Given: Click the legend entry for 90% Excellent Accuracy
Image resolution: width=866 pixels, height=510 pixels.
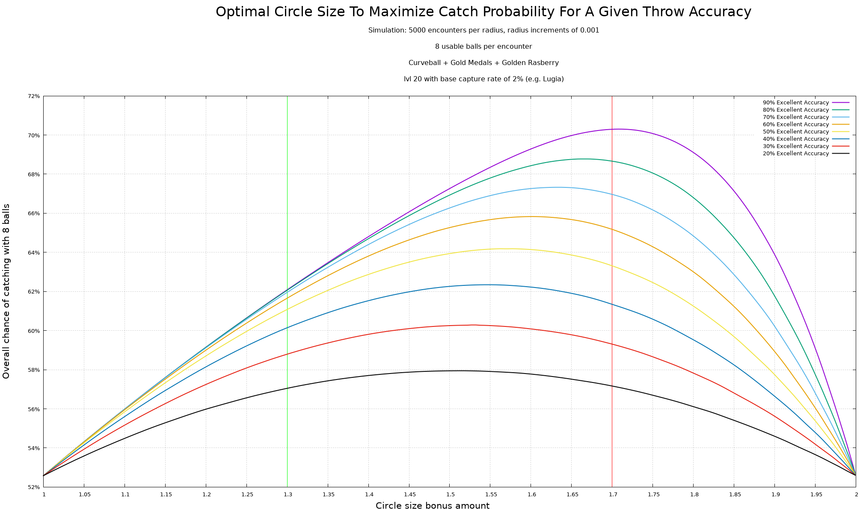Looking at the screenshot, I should coord(795,103).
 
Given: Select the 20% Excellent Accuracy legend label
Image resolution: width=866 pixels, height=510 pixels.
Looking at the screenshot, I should coord(795,154).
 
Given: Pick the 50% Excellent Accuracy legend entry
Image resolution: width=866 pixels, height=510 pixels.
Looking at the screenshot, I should coord(795,132).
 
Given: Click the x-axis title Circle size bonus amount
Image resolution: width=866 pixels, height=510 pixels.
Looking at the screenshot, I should coord(432,506).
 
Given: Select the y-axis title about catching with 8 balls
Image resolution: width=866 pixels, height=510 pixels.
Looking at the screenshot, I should coord(6,291).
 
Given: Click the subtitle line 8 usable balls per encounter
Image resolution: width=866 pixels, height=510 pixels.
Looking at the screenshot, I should coord(483,47).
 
